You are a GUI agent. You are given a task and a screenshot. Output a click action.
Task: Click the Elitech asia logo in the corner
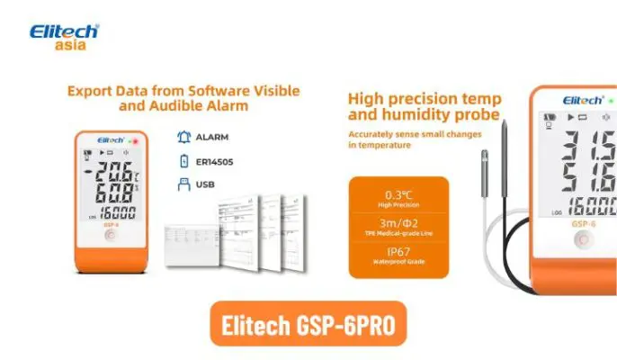pyautogui.click(x=64, y=37)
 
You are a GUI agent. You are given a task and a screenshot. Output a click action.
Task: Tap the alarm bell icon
pyautogui.click(x=184, y=138)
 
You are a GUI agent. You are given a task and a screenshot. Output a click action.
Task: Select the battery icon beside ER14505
pyautogui.click(x=184, y=162)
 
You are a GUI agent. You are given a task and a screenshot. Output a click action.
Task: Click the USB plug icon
pyautogui.click(x=184, y=185)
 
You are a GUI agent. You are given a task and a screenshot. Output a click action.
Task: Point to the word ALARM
pyautogui.click(x=212, y=138)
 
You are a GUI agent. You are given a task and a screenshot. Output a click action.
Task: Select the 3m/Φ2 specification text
pyautogui.click(x=398, y=223)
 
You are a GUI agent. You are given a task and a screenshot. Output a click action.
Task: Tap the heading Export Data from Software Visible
pyautogui.click(x=182, y=91)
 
